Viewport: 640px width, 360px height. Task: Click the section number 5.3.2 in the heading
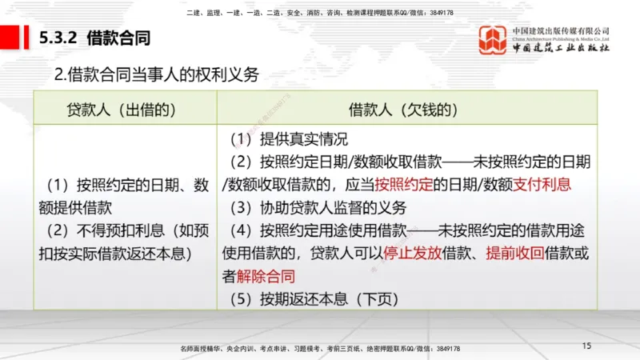58,38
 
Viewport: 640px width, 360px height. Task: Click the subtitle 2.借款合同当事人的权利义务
157,75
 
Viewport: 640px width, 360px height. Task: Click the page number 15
586,346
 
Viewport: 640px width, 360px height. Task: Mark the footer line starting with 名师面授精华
321,349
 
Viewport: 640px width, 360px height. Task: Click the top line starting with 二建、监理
320,13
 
